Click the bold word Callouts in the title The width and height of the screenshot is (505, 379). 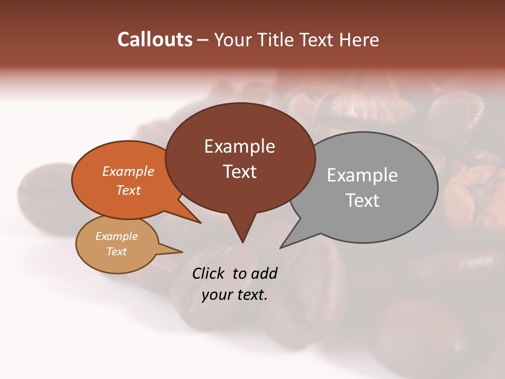click(155, 39)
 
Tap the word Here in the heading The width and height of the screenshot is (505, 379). click(359, 39)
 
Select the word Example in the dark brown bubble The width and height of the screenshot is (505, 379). click(239, 146)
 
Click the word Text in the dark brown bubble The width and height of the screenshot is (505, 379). click(239, 171)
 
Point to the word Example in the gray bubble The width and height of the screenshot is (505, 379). click(362, 175)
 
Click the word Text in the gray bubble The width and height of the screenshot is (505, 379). click(362, 200)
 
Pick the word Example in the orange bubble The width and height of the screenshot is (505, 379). click(128, 171)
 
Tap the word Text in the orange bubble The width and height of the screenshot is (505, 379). click(128, 190)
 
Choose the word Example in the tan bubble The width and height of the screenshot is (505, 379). click(117, 236)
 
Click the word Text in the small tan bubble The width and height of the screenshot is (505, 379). click(117, 252)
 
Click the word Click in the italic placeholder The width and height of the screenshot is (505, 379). click(209, 273)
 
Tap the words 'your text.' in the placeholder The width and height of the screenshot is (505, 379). click(235, 295)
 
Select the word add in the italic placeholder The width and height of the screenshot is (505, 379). click(264, 273)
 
